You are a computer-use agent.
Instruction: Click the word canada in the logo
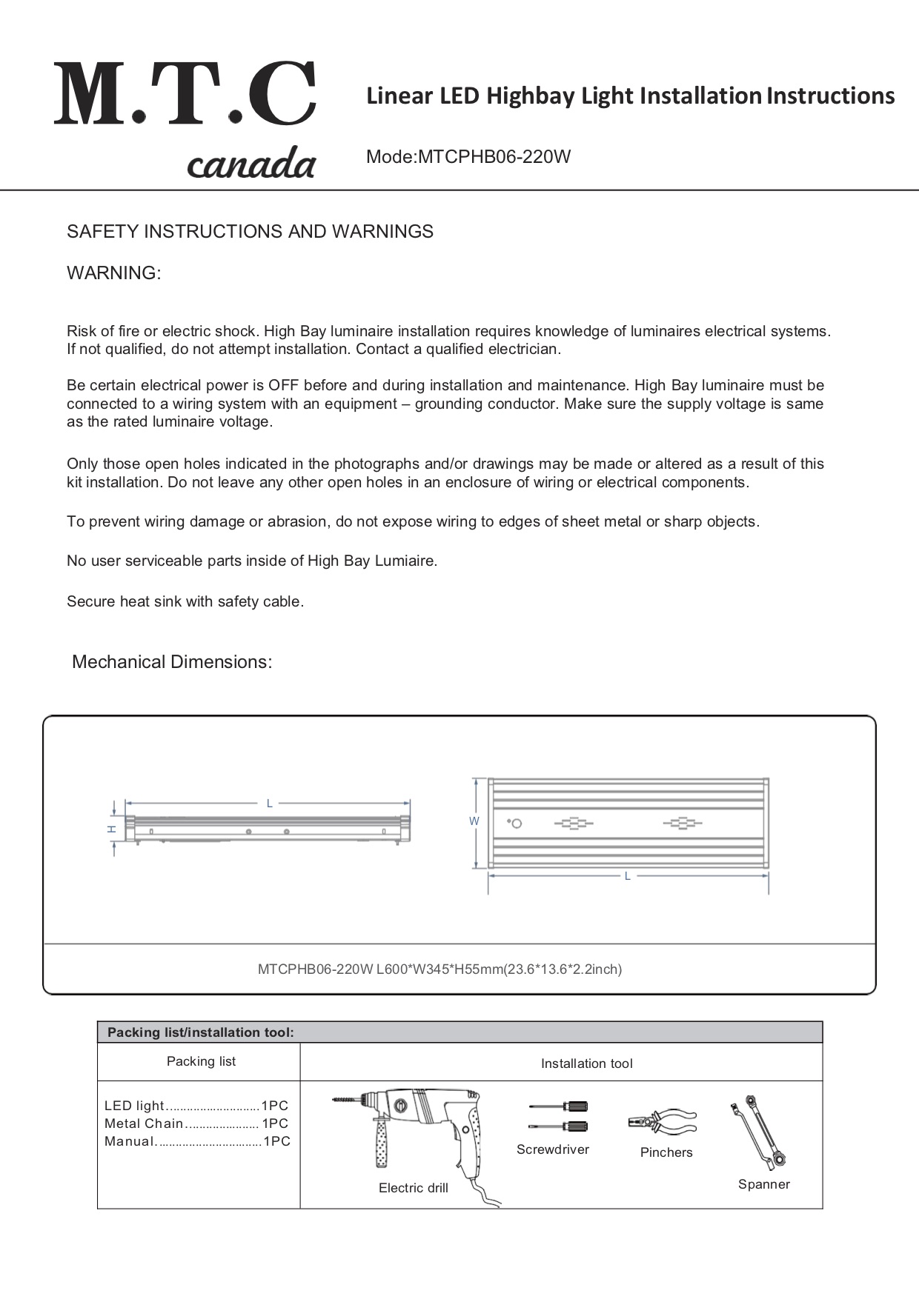[251, 163]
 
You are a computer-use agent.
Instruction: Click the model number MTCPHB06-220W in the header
[494, 157]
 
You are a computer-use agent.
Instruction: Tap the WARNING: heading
[113, 273]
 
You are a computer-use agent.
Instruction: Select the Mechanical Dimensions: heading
[172, 662]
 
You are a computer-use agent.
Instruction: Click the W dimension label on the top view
[474, 821]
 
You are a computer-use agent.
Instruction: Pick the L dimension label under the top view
[627, 876]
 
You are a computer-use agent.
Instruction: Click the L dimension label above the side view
[270, 803]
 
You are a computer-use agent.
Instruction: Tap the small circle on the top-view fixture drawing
[517, 824]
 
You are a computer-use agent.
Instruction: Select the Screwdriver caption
[553, 1149]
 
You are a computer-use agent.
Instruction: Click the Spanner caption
[764, 1184]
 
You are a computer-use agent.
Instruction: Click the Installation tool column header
[586, 1063]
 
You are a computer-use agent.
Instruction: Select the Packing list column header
[201, 1061]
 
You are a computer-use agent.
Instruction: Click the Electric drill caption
[413, 1188]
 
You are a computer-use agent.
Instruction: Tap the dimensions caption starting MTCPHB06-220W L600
[439, 969]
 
